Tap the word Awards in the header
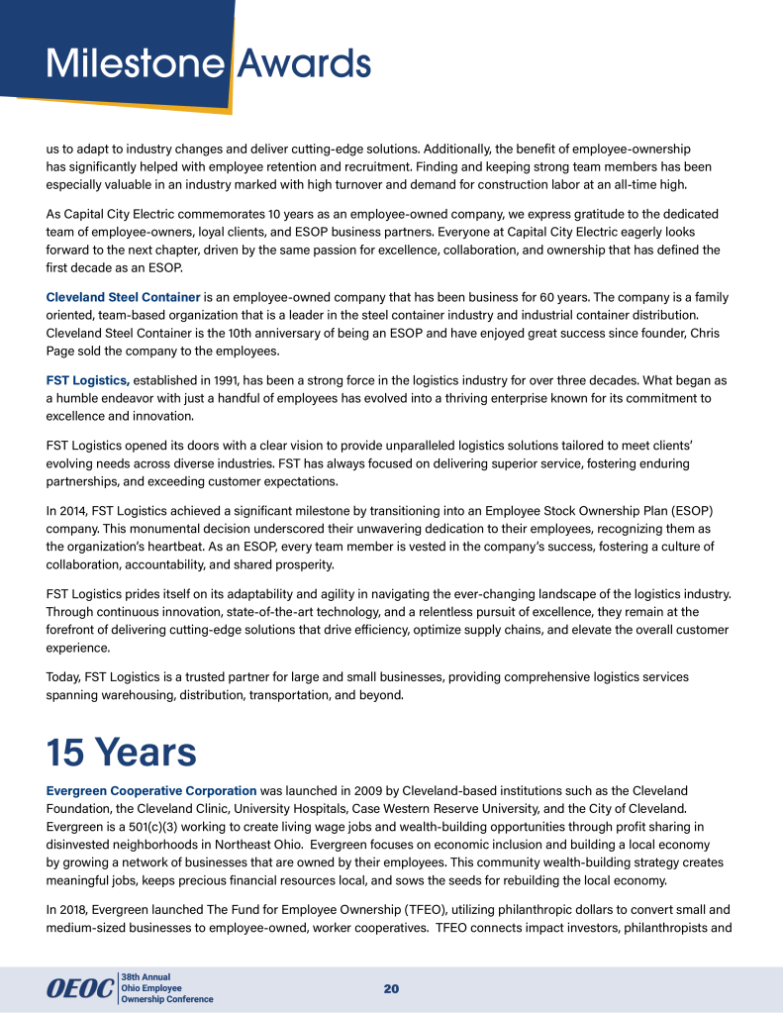pyautogui.click(x=305, y=65)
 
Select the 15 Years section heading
pyautogui.click(x=122, y=753)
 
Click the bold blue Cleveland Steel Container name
pyautogui.click(x=124, y=297)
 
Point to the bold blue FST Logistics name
pyautogui.click(x=88, y=380)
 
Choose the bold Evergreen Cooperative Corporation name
pyautogui.click(x=151, y=790)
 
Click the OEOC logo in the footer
pyautogui.click(x=80, y=989)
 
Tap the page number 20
pyautogui.click(x=391, y=989)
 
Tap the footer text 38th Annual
pyautogui.click(x=146, y=977)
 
